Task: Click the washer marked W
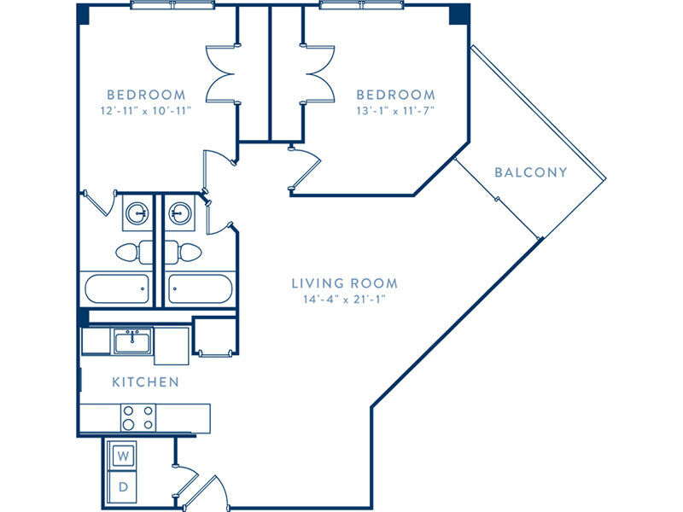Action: click(x=123, y=456)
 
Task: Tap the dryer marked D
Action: click(x=123, y=486)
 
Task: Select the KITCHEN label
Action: click(x=145, y=382)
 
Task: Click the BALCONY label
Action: click(x=531, y=172)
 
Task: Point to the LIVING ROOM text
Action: click(x=345, y=283)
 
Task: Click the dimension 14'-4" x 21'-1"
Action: click(x=345, y=300)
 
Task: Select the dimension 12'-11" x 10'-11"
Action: click(x=146, y=111)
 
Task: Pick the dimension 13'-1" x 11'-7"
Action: click(x=395, y=111)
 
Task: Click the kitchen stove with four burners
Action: click(x=138, y=417)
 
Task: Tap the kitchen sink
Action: click(x=132, y=340)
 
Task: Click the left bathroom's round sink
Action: click(x=137, y=213)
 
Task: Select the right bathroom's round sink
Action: click(x=180, y=213)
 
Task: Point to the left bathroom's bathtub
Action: click(x=117, y=288)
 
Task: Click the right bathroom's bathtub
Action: click(x=201, y=288)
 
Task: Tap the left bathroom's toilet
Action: click(x=134, y=252)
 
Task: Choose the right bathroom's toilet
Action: click(x=183, y=252)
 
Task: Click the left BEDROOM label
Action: click(x=146, y=95)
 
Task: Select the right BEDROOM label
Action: click(x=395, y=95)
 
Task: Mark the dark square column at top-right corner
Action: click(x=459, y=15)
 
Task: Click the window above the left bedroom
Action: click(x=173, y=5)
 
